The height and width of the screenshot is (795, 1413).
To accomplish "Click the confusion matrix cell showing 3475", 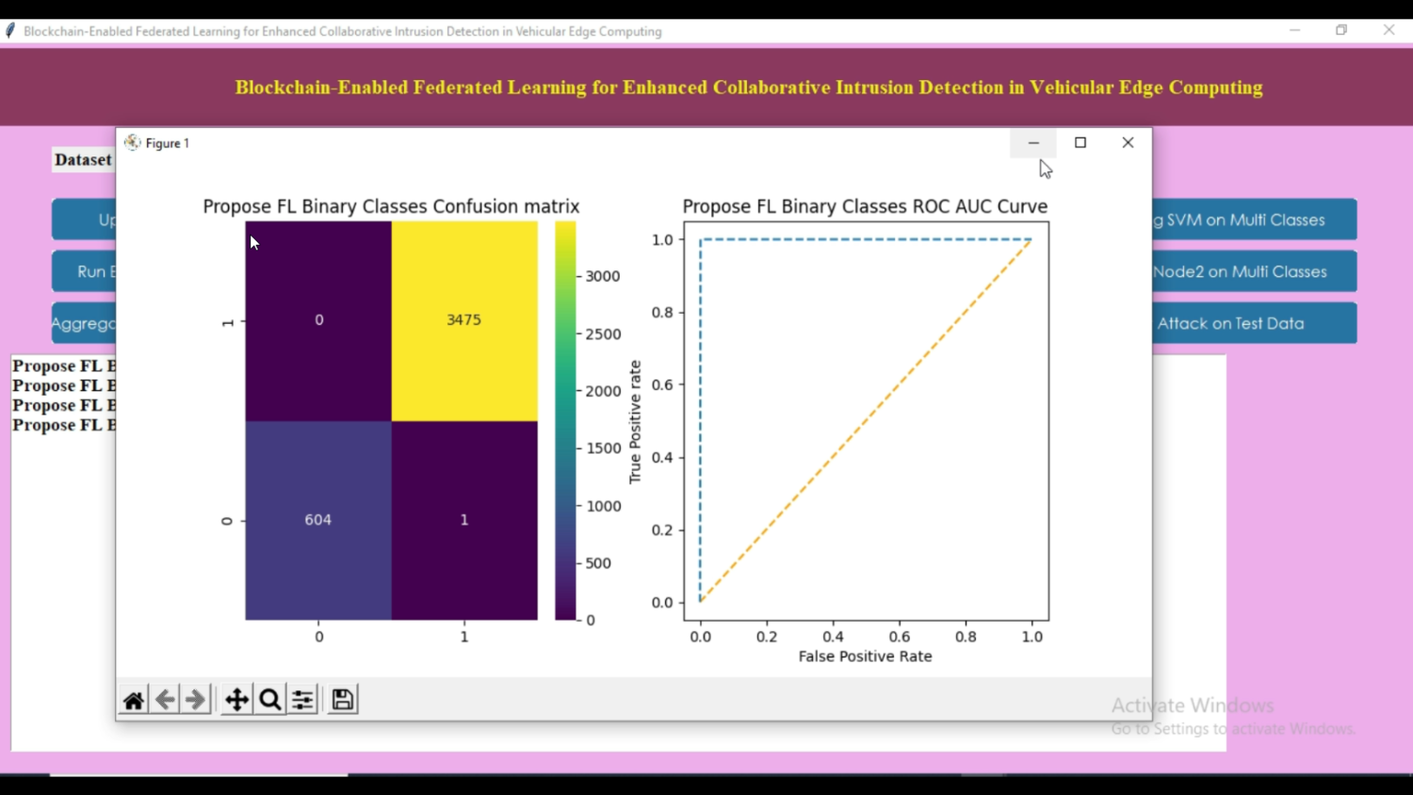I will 463,320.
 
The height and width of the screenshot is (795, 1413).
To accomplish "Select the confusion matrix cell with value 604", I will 318,520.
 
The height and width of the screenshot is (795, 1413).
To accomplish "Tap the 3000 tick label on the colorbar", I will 603,277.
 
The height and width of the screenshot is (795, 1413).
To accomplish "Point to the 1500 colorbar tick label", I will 603,448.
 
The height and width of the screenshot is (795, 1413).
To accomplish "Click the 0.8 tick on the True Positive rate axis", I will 663,313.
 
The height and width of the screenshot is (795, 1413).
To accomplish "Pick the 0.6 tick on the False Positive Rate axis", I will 900,637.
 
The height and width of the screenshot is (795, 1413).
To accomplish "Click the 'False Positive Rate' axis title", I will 865,657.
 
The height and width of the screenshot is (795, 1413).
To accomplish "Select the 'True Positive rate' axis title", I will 635,422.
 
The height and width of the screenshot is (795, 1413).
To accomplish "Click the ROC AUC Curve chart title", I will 865,206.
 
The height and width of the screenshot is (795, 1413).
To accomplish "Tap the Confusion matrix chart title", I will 391,206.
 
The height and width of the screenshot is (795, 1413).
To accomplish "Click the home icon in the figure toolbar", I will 134,700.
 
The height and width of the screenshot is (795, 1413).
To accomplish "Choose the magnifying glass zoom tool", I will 270,700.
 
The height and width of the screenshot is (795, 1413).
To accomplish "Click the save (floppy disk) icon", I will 343,700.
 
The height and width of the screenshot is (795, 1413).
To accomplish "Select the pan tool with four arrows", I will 236,700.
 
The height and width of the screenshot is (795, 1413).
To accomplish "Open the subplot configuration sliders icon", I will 302,700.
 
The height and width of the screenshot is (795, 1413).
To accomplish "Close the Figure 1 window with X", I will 1128,143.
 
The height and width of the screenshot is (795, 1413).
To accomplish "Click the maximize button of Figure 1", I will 1080,143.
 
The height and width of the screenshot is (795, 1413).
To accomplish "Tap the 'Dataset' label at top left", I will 83,160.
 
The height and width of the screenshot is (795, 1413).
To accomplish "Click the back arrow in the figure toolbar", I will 165,700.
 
